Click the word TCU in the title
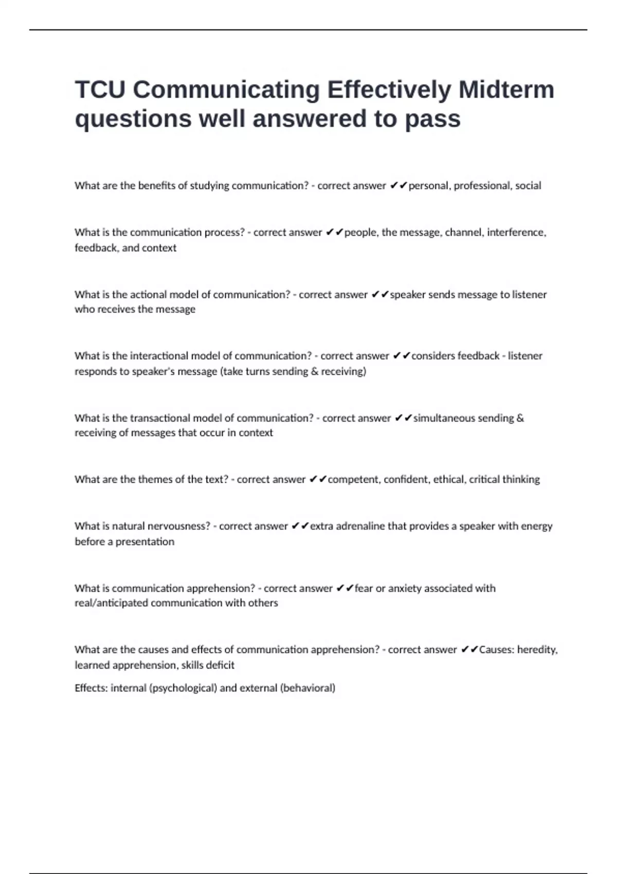100,89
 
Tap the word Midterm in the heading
506,89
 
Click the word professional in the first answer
482,186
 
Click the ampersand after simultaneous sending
520,418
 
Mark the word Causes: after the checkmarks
496,650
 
